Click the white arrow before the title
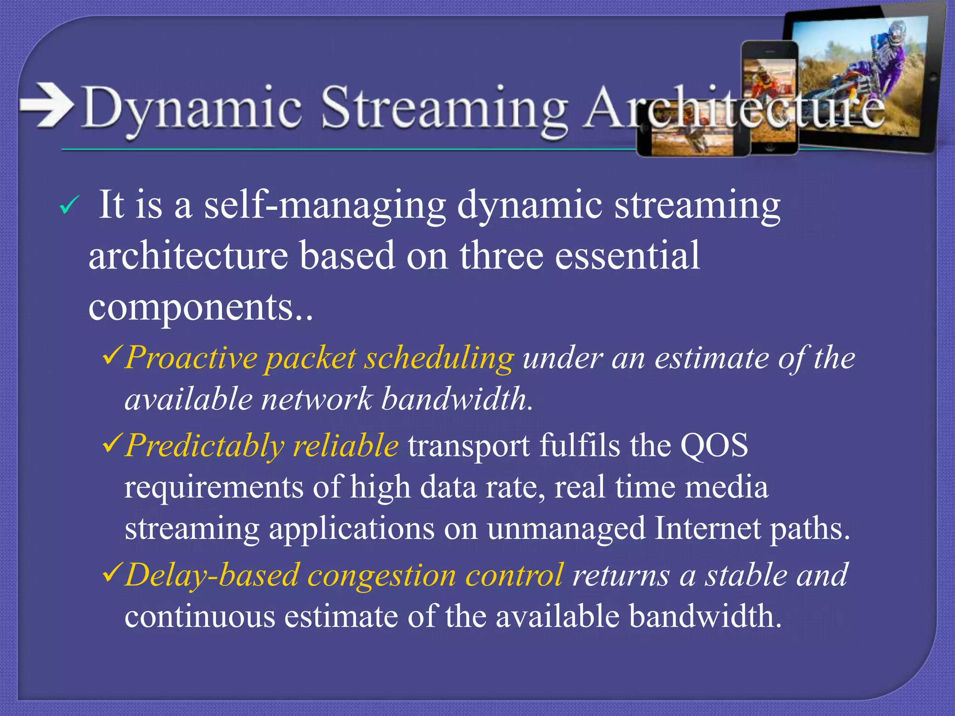47,105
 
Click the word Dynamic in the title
191,108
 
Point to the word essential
627,255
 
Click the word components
191,308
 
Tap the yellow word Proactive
191,358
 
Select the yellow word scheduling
438,358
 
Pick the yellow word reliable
346,445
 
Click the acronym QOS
714,445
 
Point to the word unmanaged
566,529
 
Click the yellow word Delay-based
212,575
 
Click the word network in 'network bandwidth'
317,399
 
